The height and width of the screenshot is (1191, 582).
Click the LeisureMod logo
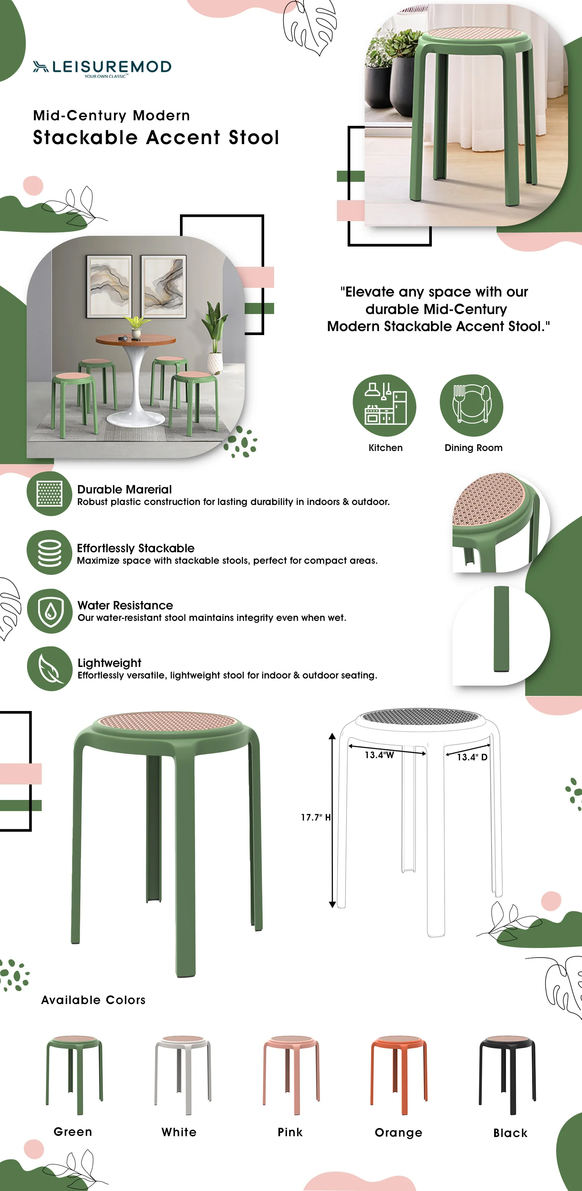tap(102, 68)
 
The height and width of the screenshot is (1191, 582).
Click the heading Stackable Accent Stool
tap(156, 138)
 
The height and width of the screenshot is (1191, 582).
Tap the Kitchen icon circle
tap(384, 405)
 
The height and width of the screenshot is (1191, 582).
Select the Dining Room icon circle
tap(471, 405)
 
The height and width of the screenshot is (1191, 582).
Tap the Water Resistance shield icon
tap(50, 611)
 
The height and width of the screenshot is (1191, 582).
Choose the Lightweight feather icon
tap(50, 669)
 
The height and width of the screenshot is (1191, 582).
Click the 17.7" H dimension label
tap(315, 817)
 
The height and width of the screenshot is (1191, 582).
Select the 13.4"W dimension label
tap(379, 755)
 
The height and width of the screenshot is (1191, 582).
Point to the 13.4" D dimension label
tap(472, 757)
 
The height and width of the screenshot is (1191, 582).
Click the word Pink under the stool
tap(290, 1132)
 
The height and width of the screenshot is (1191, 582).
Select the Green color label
tap(73, 1132)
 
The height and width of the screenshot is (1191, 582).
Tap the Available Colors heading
tap(93, 1000)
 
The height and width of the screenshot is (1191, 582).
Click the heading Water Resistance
tap(125, 605)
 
